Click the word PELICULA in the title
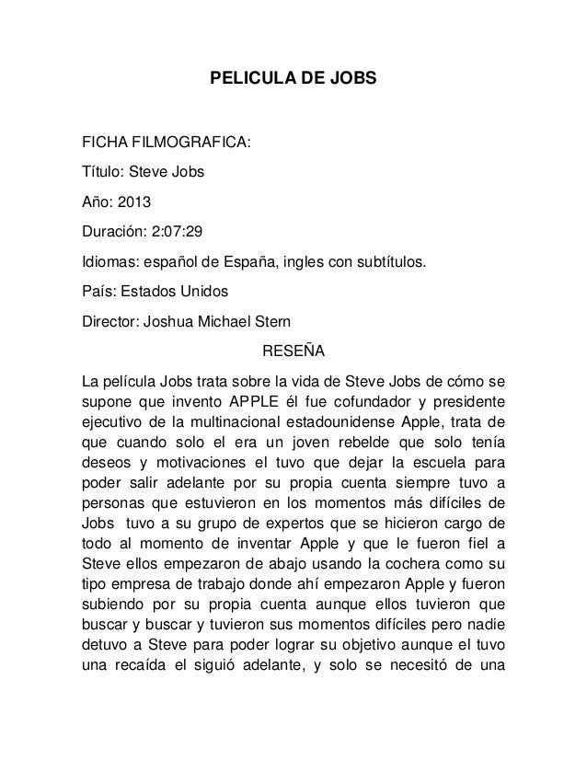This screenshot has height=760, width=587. point(245,81)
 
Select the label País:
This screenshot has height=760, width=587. point(100,292)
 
